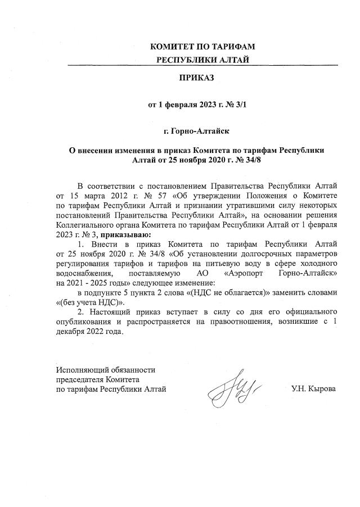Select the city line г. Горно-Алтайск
pyautogui.click(x=196, y=131)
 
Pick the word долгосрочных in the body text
pyautogui.click(x=250, y=252)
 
